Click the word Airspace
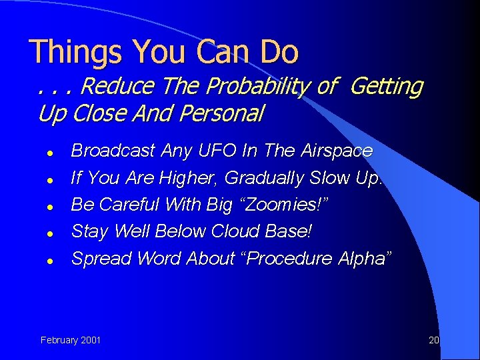pos(336,151)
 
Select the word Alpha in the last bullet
pos(361,258)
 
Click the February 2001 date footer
pos(71,340)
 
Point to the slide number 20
pos(433,340)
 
